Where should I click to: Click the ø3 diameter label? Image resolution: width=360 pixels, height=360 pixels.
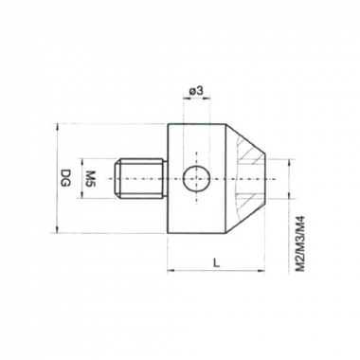(x=196, y=91)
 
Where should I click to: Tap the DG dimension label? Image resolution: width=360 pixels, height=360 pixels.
(x=65, y=178)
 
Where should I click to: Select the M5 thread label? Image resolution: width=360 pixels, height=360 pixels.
(x=91, y=179)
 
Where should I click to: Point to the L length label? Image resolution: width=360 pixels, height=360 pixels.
(x=216, y=262)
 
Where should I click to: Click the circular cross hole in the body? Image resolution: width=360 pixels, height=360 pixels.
(x=196, y=179)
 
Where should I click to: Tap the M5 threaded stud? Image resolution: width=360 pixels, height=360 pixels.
(x=140, y=179)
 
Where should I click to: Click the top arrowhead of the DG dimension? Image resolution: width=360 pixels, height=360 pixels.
(x=57, y=127)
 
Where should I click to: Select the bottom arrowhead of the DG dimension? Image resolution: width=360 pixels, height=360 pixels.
(x=57, y=229)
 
